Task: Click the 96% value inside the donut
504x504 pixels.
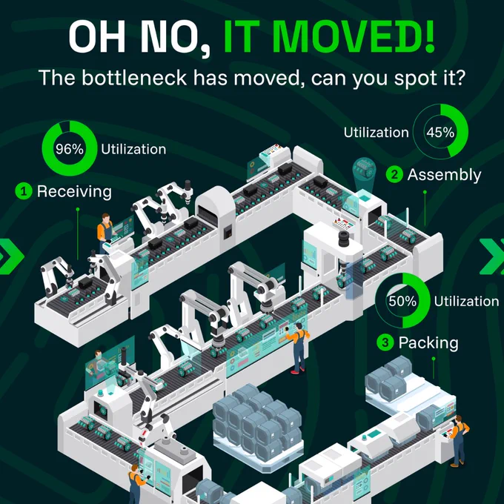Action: [70, 149]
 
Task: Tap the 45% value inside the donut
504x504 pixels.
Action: [440, 132]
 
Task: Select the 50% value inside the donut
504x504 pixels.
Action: [402, 301]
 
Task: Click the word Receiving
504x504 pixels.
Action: [74, 191]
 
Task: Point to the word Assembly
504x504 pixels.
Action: [444, 175]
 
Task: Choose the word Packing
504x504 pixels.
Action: [428, 342]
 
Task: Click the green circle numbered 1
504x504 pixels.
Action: [24, 191]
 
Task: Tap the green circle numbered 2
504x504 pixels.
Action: [394, 174]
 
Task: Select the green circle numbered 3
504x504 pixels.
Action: [385, 342]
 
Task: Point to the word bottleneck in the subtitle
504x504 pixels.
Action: [134, 78]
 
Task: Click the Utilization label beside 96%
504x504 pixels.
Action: [133, 150]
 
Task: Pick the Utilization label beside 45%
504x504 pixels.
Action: [376, 133]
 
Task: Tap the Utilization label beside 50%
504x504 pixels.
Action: [466, 301]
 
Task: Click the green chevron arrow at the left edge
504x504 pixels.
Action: [10, 256]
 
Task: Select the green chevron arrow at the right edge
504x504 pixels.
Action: [492, 256]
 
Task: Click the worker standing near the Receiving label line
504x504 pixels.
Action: [105, 232]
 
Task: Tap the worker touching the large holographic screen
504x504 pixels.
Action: [298, 348]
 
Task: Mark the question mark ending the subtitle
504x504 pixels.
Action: [460, 77]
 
